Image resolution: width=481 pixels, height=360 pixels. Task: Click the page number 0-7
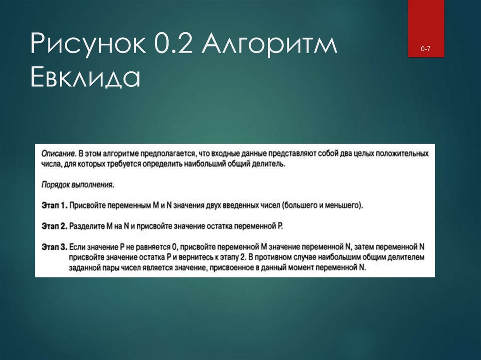426,49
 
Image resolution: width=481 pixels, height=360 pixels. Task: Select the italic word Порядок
55,185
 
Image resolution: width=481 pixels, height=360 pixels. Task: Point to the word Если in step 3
77,247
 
